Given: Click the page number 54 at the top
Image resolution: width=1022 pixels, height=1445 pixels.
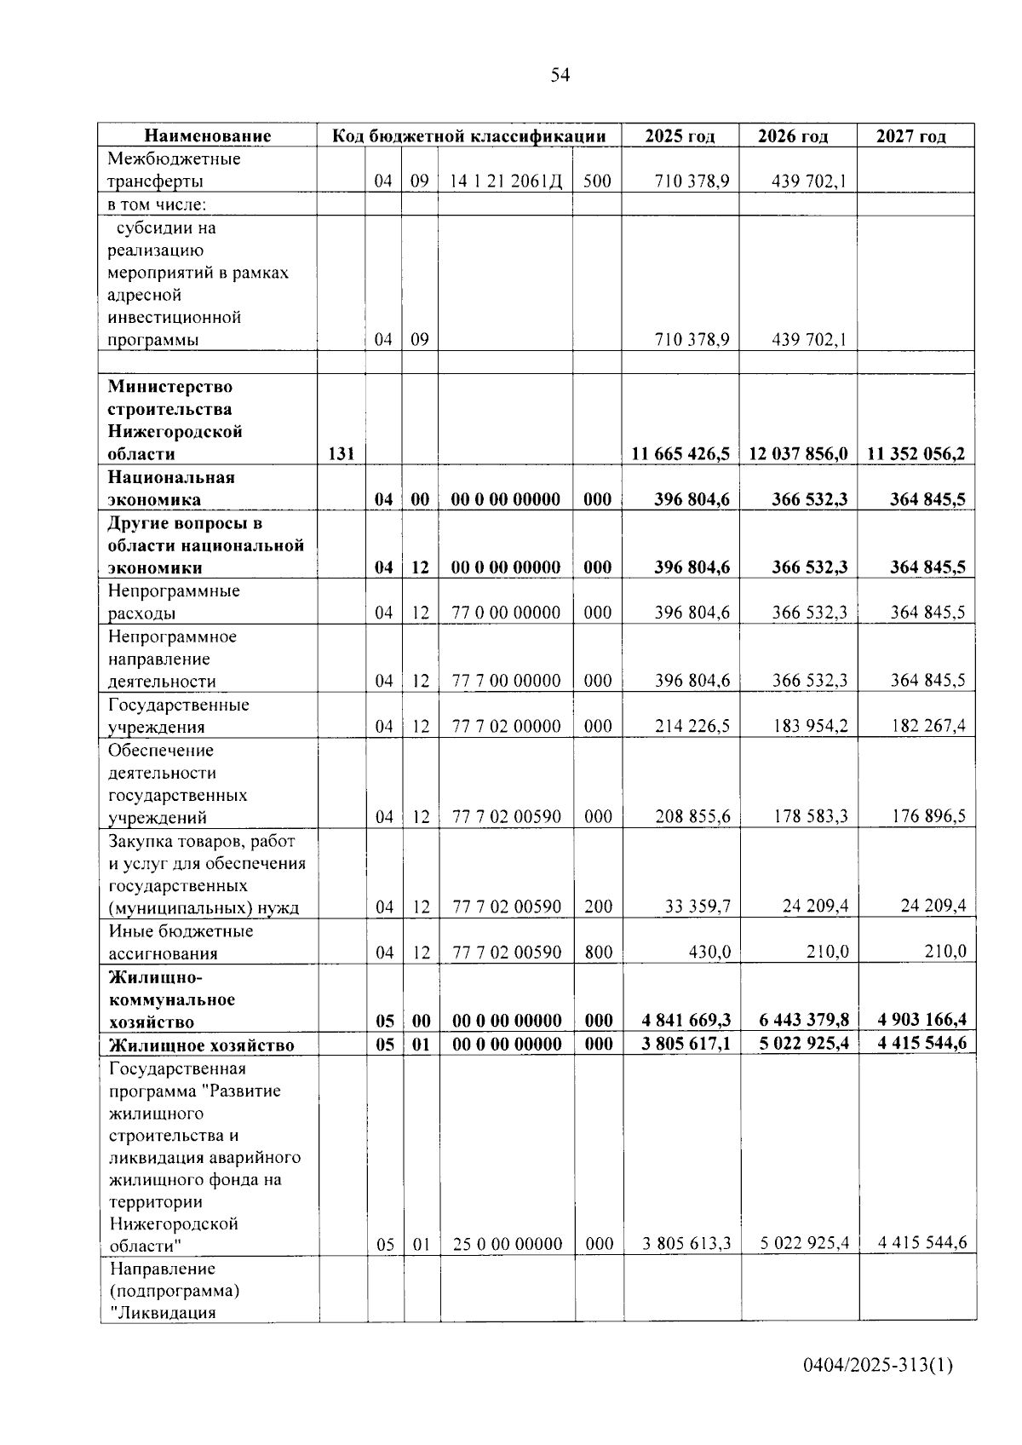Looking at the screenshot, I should click(560, 75).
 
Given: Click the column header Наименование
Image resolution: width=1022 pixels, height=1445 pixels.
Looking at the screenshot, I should click(207, 135).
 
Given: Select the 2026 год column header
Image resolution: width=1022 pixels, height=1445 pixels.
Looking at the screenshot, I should click(793, 135).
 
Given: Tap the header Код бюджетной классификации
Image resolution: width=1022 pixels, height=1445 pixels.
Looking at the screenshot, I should click(468, 135).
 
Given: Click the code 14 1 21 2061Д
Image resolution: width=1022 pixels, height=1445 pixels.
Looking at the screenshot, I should click(506, 181).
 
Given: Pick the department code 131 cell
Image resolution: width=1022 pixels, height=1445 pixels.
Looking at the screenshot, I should click(341, 454).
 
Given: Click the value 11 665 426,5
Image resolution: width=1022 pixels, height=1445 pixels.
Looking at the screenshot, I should click(680, 454).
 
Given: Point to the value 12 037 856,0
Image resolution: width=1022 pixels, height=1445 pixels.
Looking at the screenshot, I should click(798, 454).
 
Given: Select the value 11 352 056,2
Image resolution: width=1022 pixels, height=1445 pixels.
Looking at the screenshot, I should click(916, 454).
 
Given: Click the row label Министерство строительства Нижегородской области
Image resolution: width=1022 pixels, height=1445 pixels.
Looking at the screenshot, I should click(175, 421).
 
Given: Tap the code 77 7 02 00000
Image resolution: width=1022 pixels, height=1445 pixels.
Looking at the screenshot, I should click(506, 727).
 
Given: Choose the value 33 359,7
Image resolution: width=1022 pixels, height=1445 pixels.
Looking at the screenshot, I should click(698, 907).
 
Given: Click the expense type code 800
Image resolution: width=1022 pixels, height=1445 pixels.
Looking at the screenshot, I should click(598, 953).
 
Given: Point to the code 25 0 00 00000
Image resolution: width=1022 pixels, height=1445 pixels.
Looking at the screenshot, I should click(508, 1245).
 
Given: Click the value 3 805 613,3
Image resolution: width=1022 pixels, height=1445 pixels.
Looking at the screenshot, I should click(686, 1244).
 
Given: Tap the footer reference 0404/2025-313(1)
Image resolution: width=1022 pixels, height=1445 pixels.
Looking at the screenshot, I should click(877, 1366).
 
